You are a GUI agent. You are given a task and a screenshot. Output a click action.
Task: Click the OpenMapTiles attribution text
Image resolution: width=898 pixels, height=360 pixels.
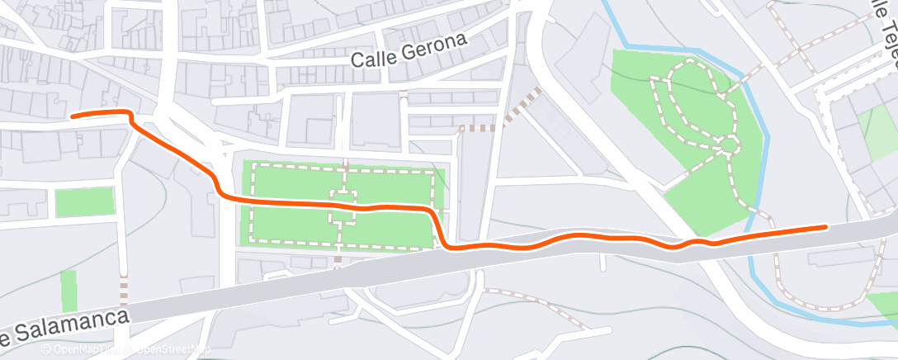pos(83,350)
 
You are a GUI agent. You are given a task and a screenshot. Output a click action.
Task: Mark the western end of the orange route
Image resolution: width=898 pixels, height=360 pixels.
pos(73,116)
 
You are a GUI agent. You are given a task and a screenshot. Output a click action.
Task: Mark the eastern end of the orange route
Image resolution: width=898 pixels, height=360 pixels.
pos(825,226)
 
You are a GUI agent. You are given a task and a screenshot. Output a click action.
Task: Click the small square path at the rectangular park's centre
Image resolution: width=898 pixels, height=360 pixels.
pos(343,206)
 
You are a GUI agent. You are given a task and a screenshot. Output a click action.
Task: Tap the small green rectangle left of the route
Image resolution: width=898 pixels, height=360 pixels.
pos(84,201)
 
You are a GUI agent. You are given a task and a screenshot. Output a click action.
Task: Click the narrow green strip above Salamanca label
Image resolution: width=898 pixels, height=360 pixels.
pos(69,290)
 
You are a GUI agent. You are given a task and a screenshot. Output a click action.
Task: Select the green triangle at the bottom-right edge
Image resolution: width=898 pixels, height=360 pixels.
pos(885,304)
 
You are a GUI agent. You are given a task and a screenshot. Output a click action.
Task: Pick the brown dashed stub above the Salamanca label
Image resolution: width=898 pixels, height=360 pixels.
pos(124,291)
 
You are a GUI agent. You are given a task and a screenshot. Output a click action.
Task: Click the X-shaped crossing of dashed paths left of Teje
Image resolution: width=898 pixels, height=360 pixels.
pos(799,51)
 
